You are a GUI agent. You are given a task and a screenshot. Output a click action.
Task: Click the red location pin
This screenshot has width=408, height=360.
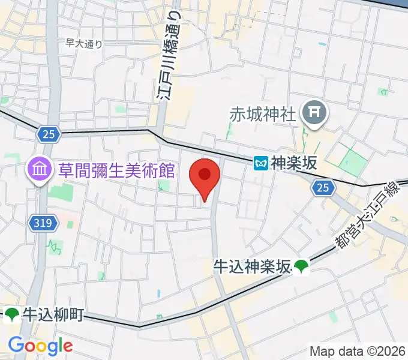[x=205, y=176]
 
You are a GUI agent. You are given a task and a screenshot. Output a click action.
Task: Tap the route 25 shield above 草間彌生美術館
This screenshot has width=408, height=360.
[x=49, y=134]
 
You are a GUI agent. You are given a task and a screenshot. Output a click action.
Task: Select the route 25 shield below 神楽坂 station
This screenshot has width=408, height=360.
[x=323, y=188]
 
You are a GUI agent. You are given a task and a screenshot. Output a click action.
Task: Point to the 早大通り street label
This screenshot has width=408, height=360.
[x=85, y=43]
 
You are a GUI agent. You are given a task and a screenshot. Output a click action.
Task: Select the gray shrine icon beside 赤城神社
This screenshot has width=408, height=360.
[x=313, y=112]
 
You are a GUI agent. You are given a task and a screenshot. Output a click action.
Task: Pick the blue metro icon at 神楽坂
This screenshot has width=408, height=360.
[x=260, y=163]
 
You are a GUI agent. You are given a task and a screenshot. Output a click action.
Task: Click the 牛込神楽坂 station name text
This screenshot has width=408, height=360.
[x=252, y=266]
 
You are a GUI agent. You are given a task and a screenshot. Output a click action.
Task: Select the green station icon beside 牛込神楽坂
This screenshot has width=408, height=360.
[x=301, y=267]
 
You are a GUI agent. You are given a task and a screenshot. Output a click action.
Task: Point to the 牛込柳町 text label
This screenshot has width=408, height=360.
[x=53, y=315]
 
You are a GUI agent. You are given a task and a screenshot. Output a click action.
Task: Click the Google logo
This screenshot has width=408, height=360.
[x=40, y=346]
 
